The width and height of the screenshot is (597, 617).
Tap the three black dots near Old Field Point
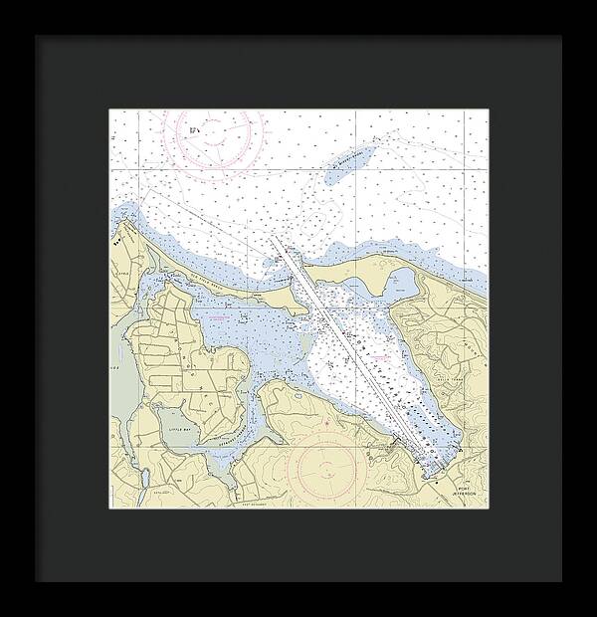click(122, 239)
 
